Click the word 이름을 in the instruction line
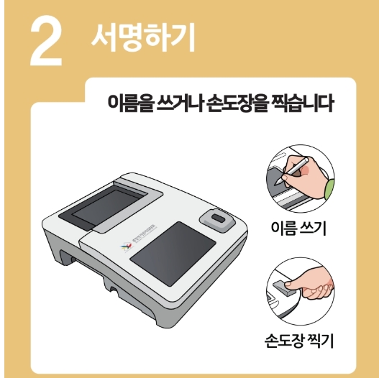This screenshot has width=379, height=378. point(128,105)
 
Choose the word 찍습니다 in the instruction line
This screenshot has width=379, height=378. point(303,105)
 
